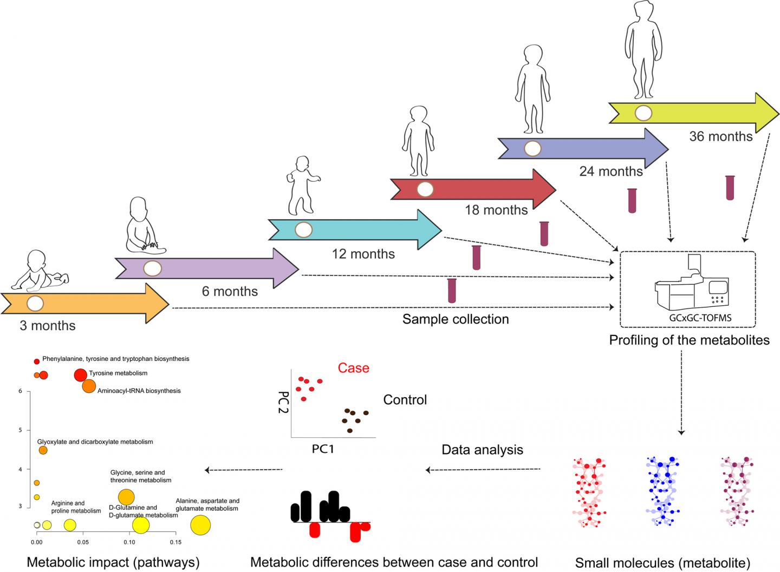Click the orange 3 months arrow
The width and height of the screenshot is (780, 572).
(x=87, y=304)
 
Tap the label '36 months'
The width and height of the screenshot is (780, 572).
(x=720, y=136)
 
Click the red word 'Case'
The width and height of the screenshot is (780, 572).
(x=353, y=368)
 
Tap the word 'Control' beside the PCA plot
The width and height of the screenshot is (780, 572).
(x=405, y=400)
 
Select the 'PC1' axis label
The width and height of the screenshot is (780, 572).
(x=323, y=449)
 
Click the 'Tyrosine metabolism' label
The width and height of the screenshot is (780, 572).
(x=118, y=373)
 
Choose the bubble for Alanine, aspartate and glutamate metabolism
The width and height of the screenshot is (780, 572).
(x=200, y=525)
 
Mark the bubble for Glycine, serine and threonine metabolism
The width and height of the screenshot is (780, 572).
(x=126, y=497)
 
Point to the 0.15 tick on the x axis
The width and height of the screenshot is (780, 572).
(x=175, y=542)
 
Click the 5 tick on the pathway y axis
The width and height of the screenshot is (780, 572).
(x=20, y=430)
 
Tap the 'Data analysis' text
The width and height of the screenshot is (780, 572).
(x=482, y=450)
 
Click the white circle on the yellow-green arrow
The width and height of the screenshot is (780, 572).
(x=643, y=113)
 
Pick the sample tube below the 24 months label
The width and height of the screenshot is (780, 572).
(x=632, y=200)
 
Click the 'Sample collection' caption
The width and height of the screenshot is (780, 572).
(x=456, y=319)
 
